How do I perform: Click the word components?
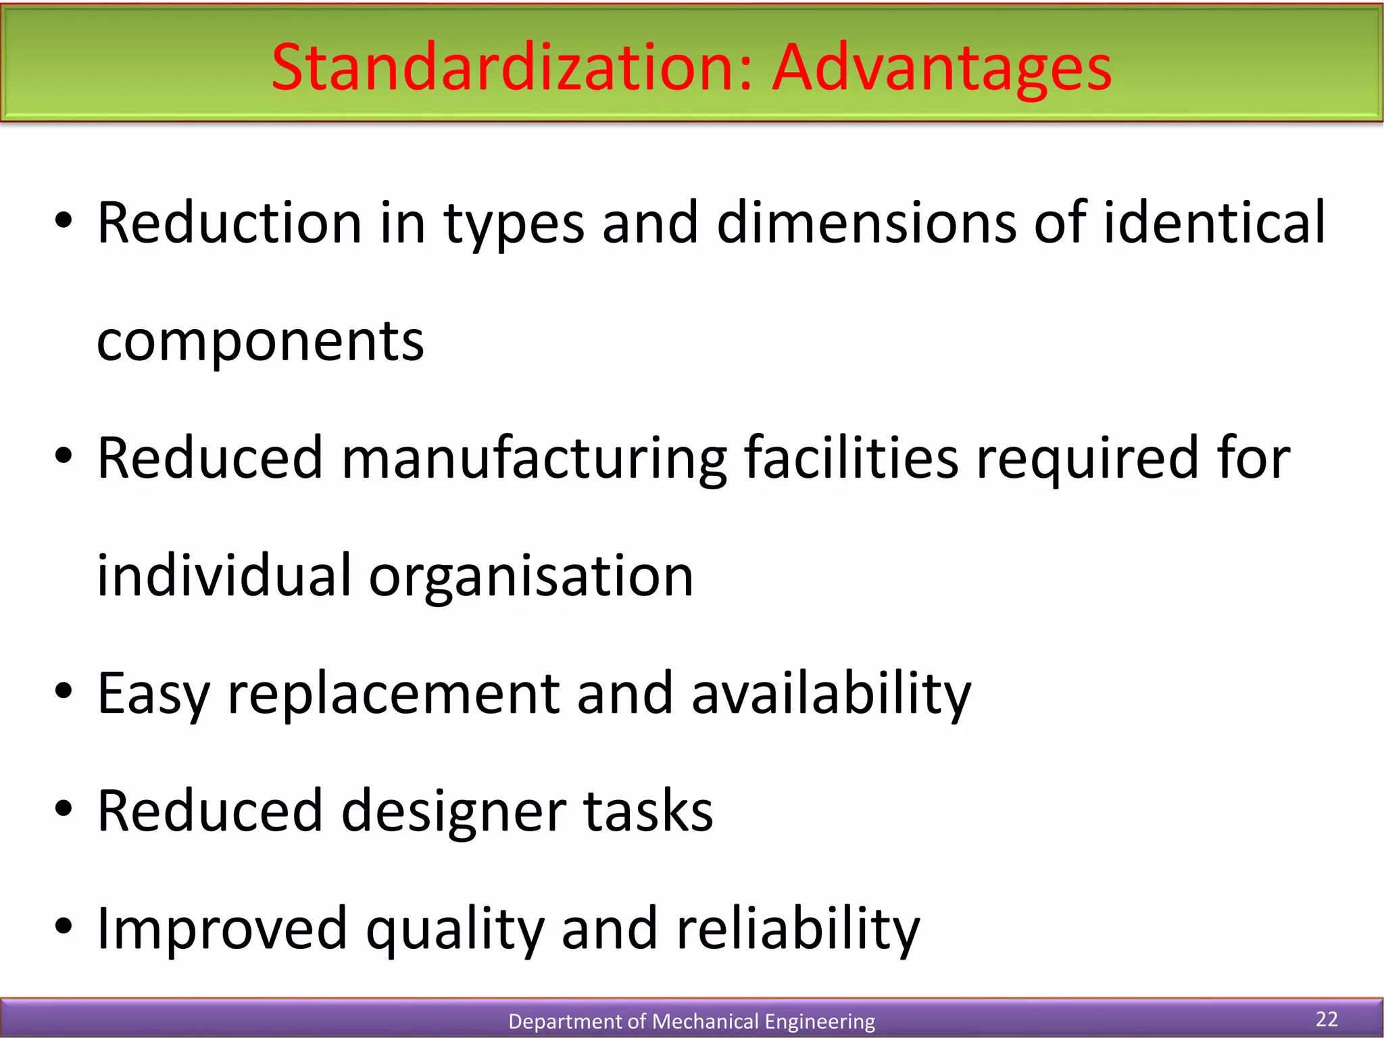(260, 342)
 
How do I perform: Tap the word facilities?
(851, 458)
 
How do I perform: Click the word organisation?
(530, 576)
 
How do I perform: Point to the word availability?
(831, 694)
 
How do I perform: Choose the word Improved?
(222, 930)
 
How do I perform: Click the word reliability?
(797, 930)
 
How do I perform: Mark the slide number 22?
(1327, 1018)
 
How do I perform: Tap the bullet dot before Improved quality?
(64, 926)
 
